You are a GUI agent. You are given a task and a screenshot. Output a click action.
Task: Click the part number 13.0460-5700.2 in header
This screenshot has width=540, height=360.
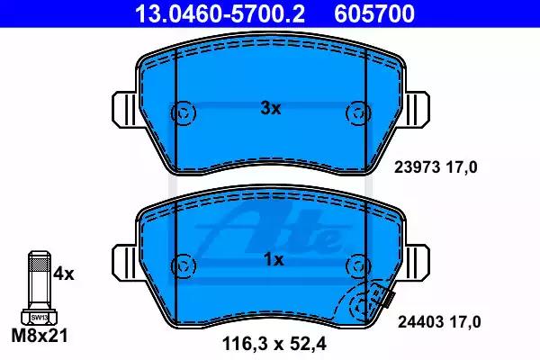pos(220,13)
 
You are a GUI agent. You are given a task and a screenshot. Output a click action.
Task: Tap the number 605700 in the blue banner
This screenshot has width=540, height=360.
pos(374,13)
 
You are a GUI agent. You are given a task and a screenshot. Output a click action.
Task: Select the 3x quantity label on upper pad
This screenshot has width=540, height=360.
pos(271,109)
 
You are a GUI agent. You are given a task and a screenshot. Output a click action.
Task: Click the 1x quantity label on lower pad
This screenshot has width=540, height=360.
pos(274,260)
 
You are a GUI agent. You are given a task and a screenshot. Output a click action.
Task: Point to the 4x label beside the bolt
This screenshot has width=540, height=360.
pos(64,274)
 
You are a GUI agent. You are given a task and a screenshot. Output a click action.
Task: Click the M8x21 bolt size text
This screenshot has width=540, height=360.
pos(40,335)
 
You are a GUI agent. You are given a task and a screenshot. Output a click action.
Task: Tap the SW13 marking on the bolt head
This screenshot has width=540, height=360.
pos(40,318)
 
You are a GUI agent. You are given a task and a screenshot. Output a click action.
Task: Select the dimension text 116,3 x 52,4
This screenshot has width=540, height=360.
pos(274,344)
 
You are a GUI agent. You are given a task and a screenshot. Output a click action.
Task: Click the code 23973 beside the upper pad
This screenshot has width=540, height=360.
pos(417,167)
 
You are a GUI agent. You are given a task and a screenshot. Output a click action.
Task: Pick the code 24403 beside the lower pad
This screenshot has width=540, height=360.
pos(421,322)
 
